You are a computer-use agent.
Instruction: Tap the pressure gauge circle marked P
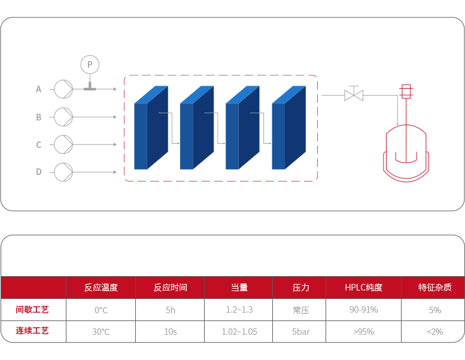[x=90, y=64]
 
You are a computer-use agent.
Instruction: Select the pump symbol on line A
[x=63, y=89]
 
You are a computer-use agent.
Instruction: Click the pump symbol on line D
[x=63, y=172]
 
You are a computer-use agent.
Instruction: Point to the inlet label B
[x=39, y=117]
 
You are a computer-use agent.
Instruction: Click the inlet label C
[x=39, y=145]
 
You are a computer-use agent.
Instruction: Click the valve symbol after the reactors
[x=354, y=95]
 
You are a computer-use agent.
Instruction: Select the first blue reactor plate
[x=150, y=128]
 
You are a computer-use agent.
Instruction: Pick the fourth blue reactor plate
[x=288, y=128]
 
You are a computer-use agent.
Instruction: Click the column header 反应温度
[x=101, y=288]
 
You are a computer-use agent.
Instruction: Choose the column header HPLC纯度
[x=363, y=288]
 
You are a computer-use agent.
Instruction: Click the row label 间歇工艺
[x=32, y=310]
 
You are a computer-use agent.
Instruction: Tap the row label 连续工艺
[x=32, y=331]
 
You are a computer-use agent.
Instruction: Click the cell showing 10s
[x=171, y=331]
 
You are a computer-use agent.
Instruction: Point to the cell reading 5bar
[x=300, y=331]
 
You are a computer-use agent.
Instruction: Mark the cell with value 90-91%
[x=363, y=310]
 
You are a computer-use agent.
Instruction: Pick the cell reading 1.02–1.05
[x=239, y=331]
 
